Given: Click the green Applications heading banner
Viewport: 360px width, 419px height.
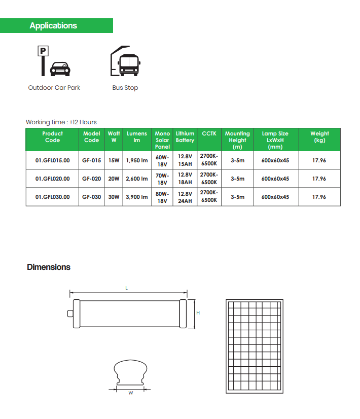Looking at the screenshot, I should pos(56,25).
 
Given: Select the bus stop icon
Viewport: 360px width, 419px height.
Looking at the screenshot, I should pos(124,61).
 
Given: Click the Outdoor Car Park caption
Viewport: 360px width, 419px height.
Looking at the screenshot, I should pos(54,88).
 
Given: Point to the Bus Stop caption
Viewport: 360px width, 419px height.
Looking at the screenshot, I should pos(125,88).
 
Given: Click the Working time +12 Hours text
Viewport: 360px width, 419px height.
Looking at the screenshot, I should pos(61,122).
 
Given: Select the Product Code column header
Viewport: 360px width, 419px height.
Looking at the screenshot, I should pos(52,137).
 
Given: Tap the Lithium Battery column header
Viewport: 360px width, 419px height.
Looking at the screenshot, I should pos(185,137).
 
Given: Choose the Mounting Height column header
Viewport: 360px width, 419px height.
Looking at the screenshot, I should pos(237,140).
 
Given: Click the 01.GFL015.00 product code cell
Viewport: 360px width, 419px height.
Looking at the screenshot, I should pos(52,160).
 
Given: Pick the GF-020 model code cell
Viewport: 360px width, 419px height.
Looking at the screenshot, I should pos(91,179).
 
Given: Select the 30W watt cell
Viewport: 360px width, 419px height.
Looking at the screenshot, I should pos(114,197).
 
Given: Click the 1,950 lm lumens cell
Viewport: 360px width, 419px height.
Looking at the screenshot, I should pos(137,160).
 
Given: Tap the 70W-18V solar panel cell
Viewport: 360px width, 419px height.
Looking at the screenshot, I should pos(162,179).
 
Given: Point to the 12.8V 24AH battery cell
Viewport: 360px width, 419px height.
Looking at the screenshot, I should pos(185,197).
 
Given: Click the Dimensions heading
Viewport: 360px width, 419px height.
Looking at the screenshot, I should pos(49,267).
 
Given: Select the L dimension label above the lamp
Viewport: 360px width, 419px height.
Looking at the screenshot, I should pos(127,288).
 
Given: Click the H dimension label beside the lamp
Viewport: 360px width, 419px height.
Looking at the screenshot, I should pos(198,313).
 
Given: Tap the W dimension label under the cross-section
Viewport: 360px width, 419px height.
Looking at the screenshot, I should pos(130,393).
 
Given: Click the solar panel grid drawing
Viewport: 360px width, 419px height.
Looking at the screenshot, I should pos(254,346).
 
